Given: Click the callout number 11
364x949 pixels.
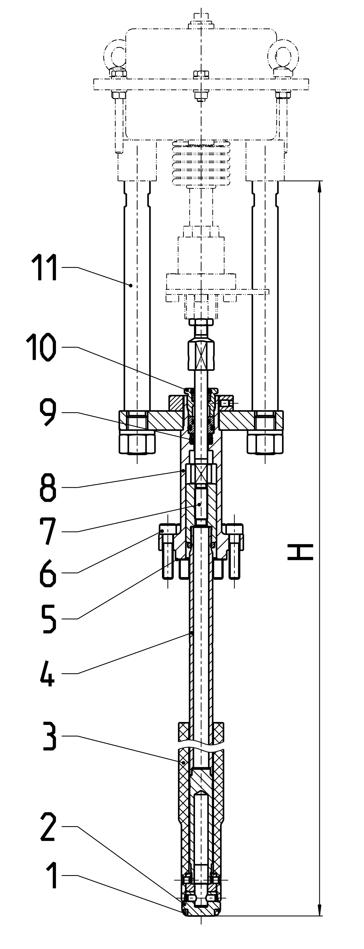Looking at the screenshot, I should click(44, 268).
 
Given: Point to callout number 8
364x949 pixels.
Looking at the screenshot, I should click(48, 487).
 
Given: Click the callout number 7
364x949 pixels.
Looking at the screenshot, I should click(48, 531).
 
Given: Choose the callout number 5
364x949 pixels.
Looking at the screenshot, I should click(48, 619).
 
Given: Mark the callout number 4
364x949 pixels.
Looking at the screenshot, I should click(47, 673).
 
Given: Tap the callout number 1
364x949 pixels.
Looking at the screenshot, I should click(52, 875).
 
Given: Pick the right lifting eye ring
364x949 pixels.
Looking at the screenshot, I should click(283, 55).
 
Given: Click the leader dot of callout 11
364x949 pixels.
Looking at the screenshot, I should click(131, 285).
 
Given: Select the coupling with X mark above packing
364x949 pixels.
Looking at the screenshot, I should click(201, 355).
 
